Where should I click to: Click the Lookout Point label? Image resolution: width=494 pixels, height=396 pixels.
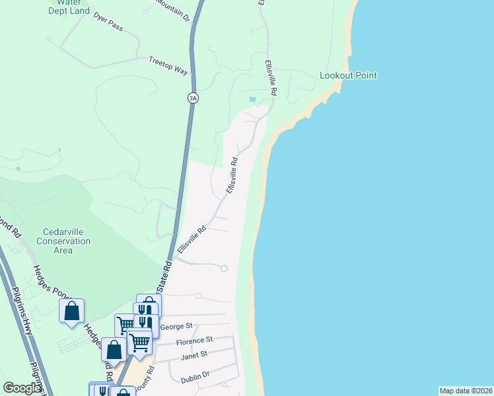click(348, 75)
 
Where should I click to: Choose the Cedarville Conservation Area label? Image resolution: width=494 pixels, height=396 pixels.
click(63, 241)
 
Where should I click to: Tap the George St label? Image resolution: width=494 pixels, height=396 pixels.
click(176, 326)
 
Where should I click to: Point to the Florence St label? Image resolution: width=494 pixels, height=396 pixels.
click(194, 340)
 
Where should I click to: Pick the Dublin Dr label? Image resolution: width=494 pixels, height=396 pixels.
click(195, 378)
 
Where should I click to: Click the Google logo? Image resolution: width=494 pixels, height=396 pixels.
click(22, 388)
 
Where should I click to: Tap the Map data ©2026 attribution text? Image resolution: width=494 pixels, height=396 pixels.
click(466, 391)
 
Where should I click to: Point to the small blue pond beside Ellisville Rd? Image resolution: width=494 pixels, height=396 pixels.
click(252, 100)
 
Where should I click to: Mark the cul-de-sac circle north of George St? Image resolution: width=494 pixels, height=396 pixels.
click(224, 269)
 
